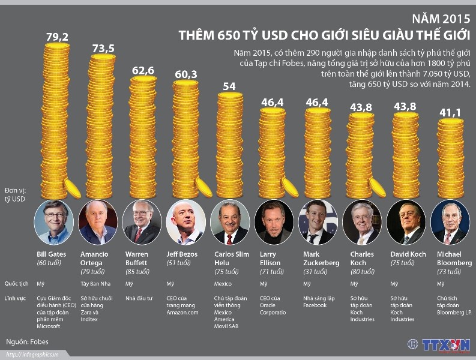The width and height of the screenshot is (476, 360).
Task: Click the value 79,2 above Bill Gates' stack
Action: point(57,37)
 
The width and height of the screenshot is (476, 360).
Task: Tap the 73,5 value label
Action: point(103,49)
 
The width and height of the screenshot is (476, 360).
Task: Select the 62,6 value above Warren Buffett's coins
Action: point(143,70)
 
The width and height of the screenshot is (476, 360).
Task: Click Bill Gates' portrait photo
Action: point(54,221)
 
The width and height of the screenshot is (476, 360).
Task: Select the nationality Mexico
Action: point(223,284)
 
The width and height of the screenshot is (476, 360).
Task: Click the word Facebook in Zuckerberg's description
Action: point(316,305)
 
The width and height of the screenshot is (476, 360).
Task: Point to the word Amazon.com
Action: point(182,312)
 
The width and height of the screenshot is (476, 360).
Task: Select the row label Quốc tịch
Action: point(17,284)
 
